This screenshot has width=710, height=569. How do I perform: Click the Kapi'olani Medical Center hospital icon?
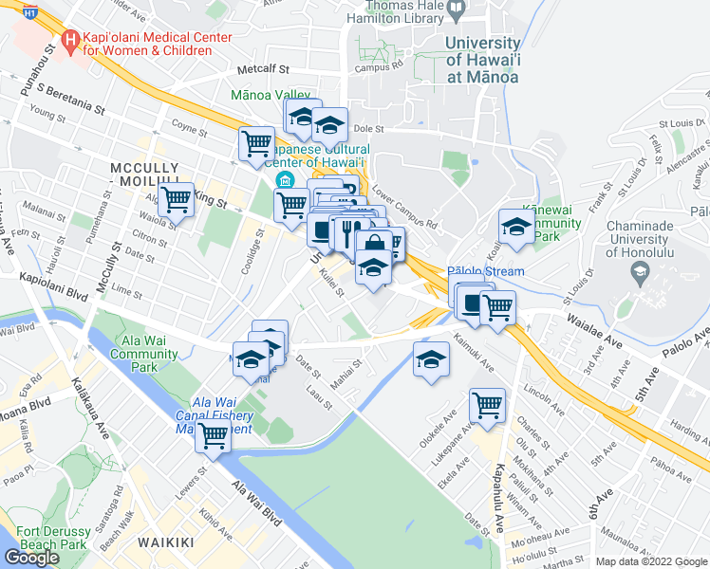click(69, 41)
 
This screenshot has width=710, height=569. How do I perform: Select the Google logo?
click(31, 558)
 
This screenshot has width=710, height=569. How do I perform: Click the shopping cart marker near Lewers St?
click(214, 437)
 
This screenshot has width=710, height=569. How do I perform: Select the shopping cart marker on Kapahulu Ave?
click(487, 404)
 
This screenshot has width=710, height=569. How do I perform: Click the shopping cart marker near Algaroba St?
click(176, 200)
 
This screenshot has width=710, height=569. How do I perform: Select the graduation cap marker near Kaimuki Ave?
click(431, 359)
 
